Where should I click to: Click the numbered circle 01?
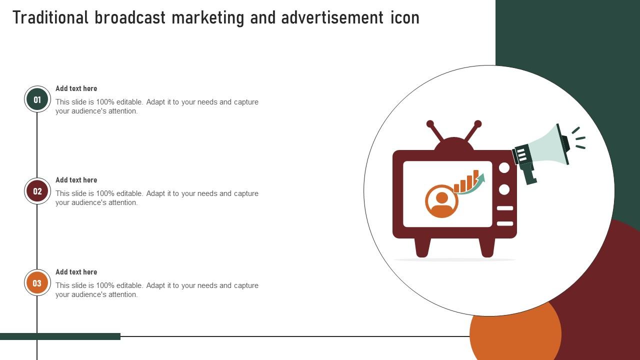point(37,99)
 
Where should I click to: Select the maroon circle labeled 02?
point(37,191)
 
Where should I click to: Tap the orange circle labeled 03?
point(37,283)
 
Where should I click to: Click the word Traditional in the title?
point(50,17)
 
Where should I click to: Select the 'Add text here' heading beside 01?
point(76,88)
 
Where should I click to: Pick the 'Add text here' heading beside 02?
point(76,180)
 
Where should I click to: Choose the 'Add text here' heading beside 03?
point(76,272)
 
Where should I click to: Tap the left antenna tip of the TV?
point(430,123)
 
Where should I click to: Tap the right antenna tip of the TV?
point(477,123)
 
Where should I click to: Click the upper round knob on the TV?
point(504,167)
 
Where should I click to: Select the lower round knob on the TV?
point(504,189)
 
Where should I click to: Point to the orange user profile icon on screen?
point(441,201)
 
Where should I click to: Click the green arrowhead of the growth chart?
point(481,177)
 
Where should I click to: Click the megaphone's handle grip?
point(528,173)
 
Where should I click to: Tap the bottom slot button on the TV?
point(505,223)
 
